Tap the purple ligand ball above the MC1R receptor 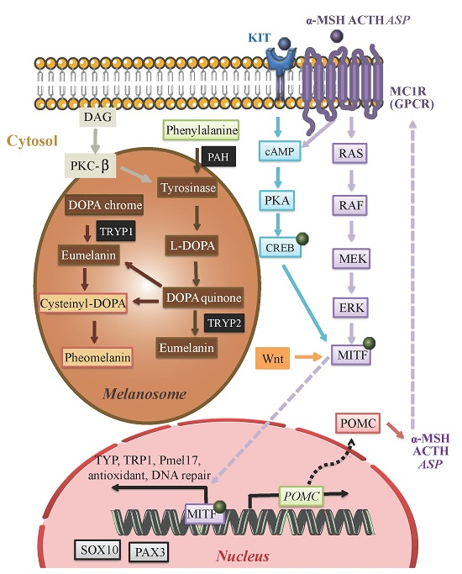[338, 34]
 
